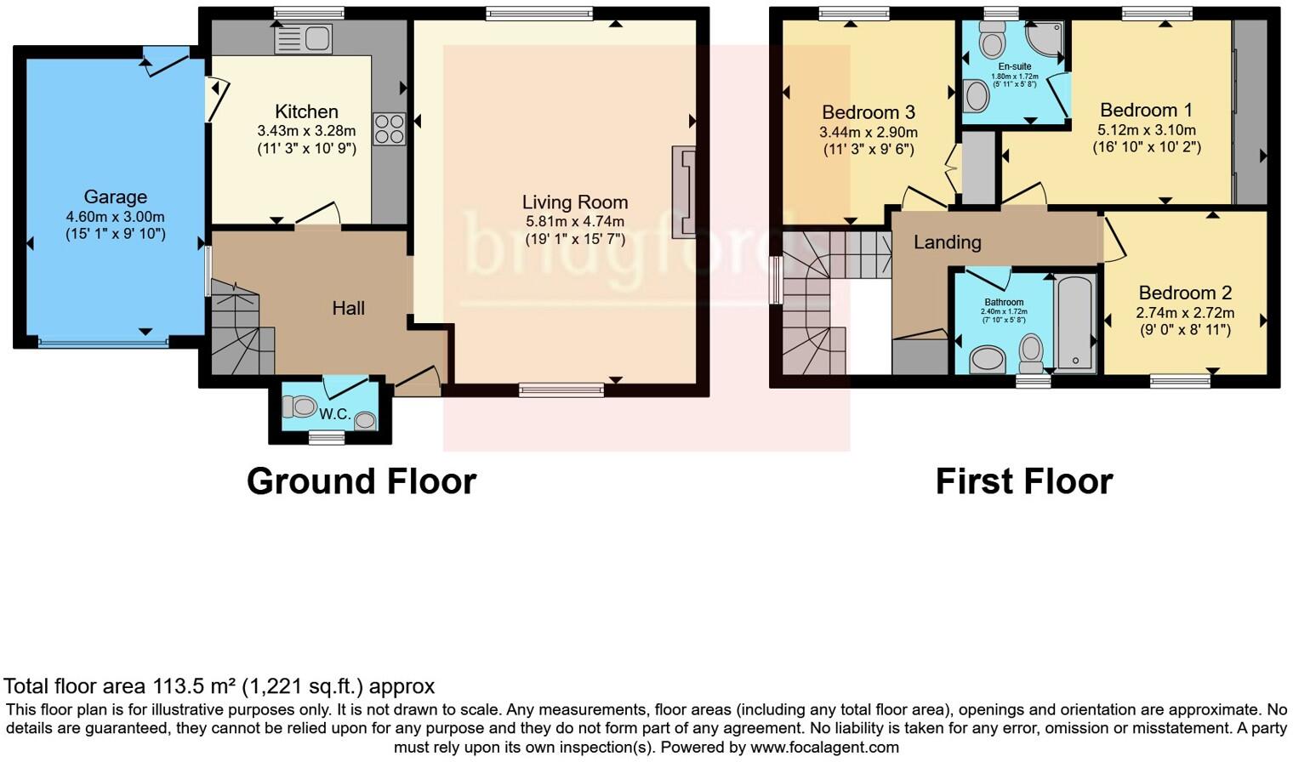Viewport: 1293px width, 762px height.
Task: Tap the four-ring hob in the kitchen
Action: point(389,129)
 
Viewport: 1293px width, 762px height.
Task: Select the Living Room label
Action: point(575,202)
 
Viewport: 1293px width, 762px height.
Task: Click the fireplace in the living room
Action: point(684,191)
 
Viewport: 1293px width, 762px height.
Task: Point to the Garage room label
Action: point(116,197)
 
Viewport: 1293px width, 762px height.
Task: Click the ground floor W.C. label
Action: point(335,414)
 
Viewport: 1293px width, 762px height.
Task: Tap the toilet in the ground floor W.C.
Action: point(299,407)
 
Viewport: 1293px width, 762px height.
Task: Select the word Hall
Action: point(349,309)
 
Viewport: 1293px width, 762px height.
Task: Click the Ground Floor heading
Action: point(362,481)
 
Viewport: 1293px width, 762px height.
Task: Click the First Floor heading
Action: point(1024,481)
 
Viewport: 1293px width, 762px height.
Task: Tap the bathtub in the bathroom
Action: point(1075,323)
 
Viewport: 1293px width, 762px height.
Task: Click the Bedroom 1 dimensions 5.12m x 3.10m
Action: point(1147,130)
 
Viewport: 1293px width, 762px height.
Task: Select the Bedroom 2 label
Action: point(1186,293)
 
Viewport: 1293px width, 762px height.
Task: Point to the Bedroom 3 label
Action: point(869,112)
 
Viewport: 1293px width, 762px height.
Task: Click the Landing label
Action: point(948,242)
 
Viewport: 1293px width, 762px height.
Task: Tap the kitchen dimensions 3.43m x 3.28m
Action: point(306,132)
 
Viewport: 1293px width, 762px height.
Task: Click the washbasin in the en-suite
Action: point(977,96)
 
